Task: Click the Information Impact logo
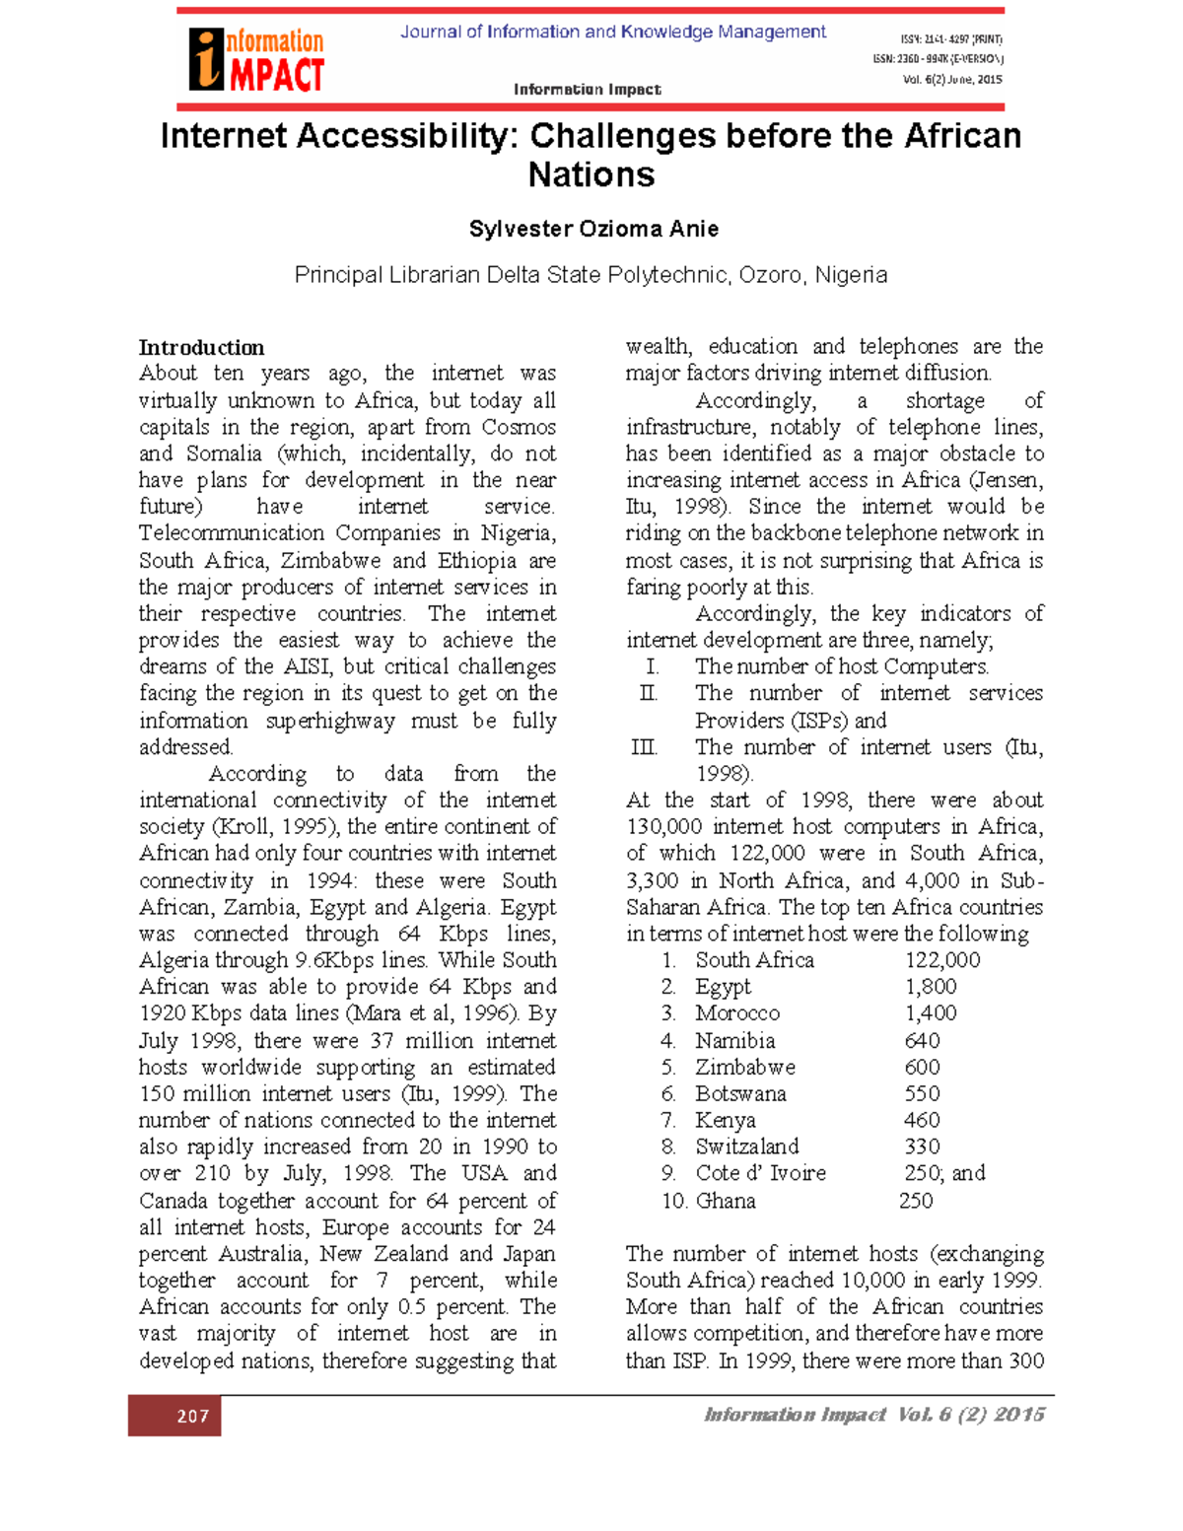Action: [x=257, y=60]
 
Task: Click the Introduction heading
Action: [x=201, y=347]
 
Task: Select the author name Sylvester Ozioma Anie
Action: [x=592, y=229]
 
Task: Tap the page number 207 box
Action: [x=174, y=1416]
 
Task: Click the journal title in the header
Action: [x=612, y=32]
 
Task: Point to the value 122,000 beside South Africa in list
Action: [x=941, y=960]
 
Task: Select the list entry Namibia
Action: [x=734, y=1040]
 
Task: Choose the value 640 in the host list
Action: [x=922, y=1040]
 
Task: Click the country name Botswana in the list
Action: [x=740, y=1093]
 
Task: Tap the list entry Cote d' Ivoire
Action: [x=760, y=1173]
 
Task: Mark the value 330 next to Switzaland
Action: [x=922, y=1147]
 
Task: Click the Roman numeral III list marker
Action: [x=644, y=747]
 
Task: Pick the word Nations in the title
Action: [x=591, y=174]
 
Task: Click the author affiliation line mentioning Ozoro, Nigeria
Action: [x=591, y=275]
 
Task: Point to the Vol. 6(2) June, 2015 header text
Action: [x=951, y=80]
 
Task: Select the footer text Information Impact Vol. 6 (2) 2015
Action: [x=873, y=1415]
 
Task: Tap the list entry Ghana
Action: [x=726, y=1201]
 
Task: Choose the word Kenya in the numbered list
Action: [x=725, y=1120]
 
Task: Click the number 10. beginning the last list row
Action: [x=673, y=1201]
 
